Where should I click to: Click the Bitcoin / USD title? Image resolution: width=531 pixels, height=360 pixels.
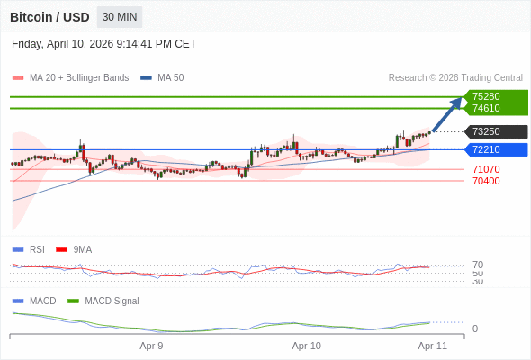click(49, 17)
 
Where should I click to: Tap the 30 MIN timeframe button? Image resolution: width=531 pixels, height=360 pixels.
click(120, 17)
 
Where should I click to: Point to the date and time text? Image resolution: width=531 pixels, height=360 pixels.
click(104, 44)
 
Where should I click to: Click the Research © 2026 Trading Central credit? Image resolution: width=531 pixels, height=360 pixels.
click(455, 78)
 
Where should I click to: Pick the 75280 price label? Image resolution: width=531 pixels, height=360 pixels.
click(486, 96)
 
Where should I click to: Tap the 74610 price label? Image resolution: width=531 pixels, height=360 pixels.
click(486, 108)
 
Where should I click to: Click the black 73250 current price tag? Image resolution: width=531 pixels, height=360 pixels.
click(486, 131)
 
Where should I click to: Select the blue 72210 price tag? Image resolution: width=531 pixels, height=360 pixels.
click(486, 149)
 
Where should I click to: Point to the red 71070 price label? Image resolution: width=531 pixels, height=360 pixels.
click(486, 169)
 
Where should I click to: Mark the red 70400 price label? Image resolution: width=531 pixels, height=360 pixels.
click(486, 181)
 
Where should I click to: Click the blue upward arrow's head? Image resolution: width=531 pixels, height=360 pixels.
click(457, 102)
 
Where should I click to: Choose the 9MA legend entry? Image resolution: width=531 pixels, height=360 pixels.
click(82, 249)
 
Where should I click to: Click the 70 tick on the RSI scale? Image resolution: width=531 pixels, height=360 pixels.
click(478, 265)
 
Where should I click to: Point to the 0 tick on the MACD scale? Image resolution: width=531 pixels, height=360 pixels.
click(475, 328)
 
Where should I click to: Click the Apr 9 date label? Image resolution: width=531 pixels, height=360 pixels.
click(151, 346)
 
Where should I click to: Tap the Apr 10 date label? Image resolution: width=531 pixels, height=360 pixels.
click(307, 346)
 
